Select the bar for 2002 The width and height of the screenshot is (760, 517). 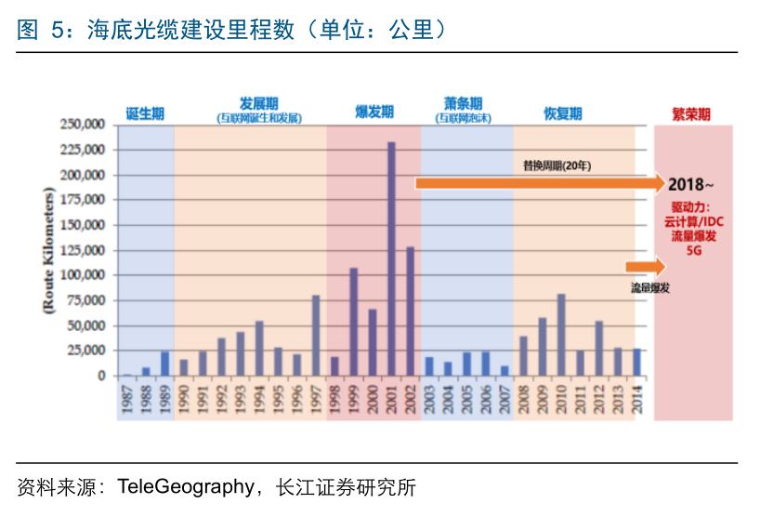click(410, 312)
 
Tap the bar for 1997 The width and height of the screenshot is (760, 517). click(316, 336)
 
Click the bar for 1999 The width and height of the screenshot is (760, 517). click(353, 322)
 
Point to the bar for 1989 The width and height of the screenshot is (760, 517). click(164, 364)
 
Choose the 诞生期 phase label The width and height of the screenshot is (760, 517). click(145, 113)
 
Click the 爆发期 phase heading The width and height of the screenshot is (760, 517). click(373, 113)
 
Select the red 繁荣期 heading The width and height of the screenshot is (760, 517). click(691, 114)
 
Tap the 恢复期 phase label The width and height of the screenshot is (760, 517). click(562, 113)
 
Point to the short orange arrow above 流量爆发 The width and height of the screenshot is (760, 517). click(646, 268)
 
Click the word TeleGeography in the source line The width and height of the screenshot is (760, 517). click(185, 487)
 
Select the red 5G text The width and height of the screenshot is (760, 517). click(693, 251)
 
